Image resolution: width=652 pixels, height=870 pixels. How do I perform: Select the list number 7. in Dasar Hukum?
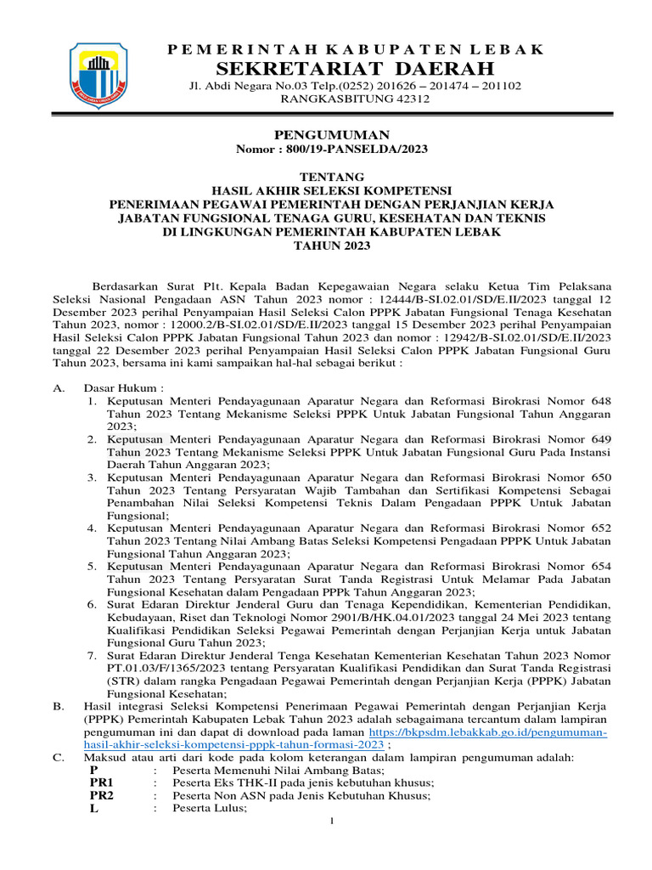[92, 656]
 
